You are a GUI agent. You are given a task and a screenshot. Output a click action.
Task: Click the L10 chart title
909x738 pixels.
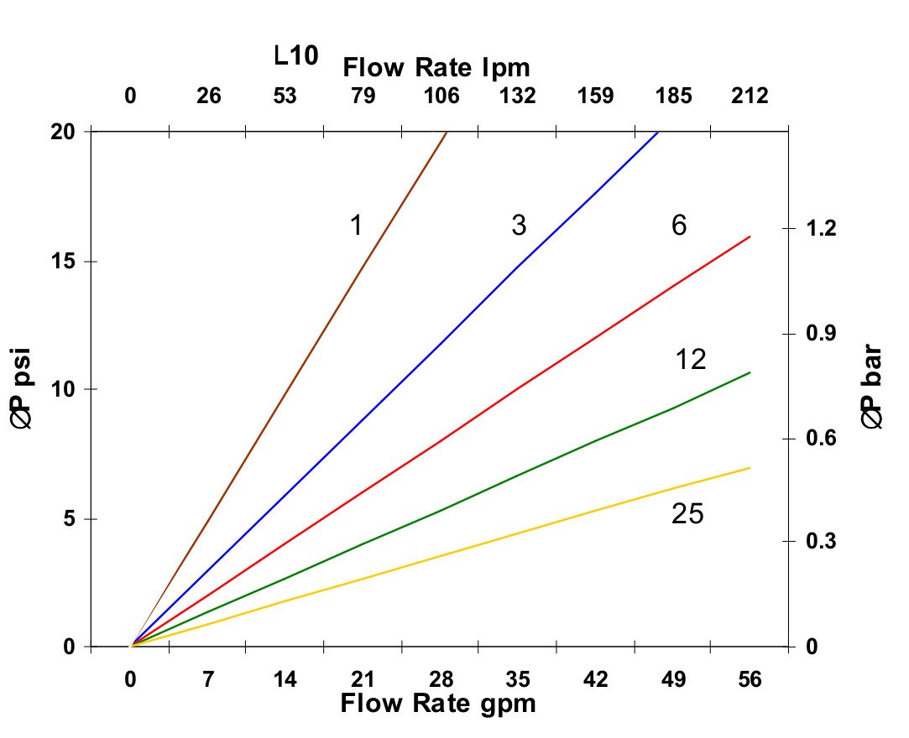pyautogui.click(x=296, y=57)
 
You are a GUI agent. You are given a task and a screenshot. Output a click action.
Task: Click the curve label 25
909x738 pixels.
pyautogui.click(x=687, y=514)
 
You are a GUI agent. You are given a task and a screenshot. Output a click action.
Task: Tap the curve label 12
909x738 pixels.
pyautogui.click(x=690, y=360)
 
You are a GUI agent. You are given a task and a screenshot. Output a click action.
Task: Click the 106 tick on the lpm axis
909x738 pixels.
pyautogui.click(x=441, y=96)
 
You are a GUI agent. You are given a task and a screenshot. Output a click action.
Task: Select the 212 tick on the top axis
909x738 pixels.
pyautogui.click(x=750, y=96)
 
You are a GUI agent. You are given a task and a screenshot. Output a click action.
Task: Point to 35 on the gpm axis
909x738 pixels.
pyautogui.click(x=519, y=680)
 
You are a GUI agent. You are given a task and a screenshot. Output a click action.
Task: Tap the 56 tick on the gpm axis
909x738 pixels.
pyautogui.click(x=750, y=680)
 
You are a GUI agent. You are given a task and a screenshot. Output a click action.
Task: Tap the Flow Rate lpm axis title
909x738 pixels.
pyautogui.click(x=436, y=68)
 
